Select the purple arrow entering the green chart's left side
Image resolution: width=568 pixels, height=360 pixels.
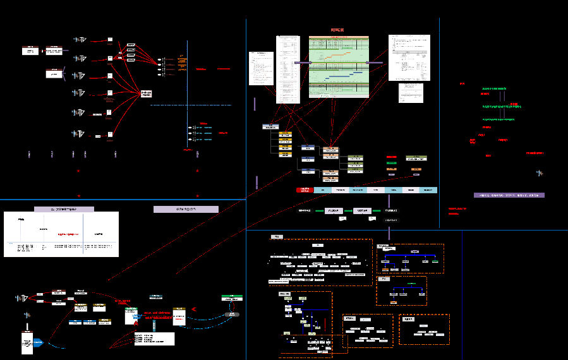[301, 63]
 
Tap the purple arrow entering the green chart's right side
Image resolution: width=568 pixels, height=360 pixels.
[375, 63]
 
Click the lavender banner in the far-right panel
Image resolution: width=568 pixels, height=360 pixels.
[509, 195]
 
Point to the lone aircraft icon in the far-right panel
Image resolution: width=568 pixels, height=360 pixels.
[539, 172]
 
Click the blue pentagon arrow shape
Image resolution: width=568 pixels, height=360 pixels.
[39, 343]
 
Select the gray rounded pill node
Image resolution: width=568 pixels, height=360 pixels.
[234, 314]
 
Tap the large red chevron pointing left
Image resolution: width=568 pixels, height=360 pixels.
[195, 309]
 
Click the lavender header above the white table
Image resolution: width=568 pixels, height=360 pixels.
[72, 208]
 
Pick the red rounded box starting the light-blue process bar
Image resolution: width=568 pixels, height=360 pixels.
[305, 189]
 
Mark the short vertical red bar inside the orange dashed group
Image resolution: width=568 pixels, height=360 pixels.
[325, 323]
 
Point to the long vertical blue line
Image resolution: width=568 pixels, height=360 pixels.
[188, 95]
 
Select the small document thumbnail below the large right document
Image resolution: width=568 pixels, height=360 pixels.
[411, 93]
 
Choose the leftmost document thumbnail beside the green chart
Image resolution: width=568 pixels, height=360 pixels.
[261, 68]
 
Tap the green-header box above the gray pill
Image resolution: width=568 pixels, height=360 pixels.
[232, 297]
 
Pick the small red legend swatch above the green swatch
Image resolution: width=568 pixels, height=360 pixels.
[392, 157]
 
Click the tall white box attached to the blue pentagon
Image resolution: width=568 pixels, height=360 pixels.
[27, 343]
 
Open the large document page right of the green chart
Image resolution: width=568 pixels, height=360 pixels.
[408, 57]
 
